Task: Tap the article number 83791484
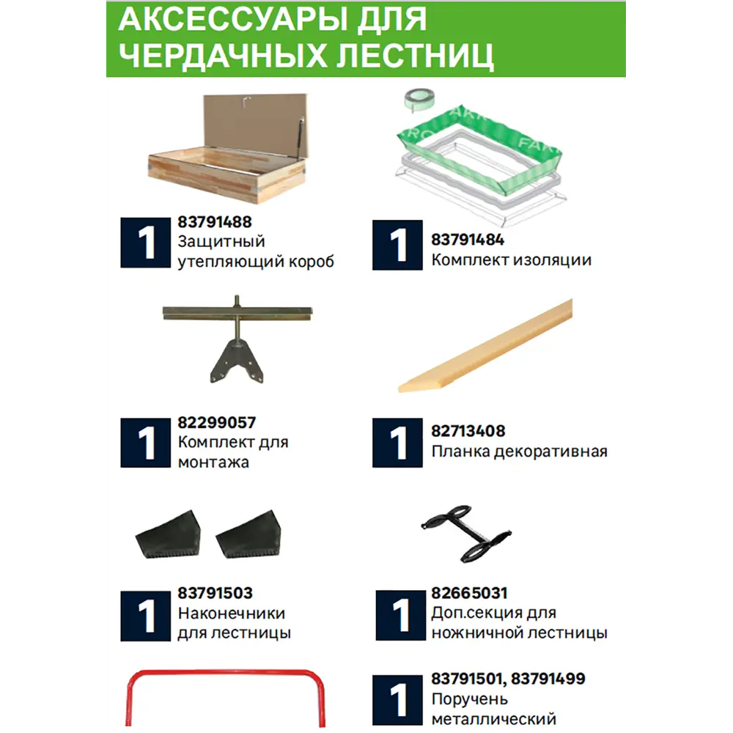(468, 240)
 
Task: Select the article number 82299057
(216, 423)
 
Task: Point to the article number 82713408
(468, 431)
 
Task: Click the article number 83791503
(215, 593)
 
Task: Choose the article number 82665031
(469, 593)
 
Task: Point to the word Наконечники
(231, 613)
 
